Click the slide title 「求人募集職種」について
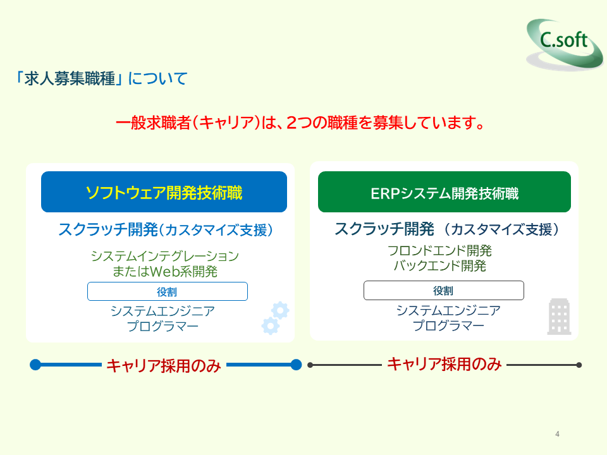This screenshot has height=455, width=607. click(x=102, y=79)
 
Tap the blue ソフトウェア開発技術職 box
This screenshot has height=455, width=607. click(x=164, y=192)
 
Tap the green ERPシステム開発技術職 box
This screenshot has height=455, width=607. click(x=444, y=192)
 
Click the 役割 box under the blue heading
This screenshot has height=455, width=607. click(x=167, y=291)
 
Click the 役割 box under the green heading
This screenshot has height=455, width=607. click(x=443, y=291)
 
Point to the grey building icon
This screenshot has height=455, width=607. click(x=559, y=317)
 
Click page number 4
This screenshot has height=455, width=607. click(x=557, y=434)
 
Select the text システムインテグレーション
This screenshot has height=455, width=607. click(x=164, y=257)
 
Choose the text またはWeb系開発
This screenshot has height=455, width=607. click(x=164, y=272)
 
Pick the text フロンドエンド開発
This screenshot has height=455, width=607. click(x=439, y=251)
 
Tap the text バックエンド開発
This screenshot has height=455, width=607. click(x=439, y=266)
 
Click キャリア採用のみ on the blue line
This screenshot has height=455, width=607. click(x=163, y=365)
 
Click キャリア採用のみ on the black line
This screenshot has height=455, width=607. click(x=444, y=364)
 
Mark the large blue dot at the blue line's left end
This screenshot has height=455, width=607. click(x=35, y=365)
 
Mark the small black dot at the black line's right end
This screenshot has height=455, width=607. click(x=579, y=365)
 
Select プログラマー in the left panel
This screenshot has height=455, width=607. click(x=162, y=327)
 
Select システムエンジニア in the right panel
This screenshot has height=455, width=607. click(x=448, y=310)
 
